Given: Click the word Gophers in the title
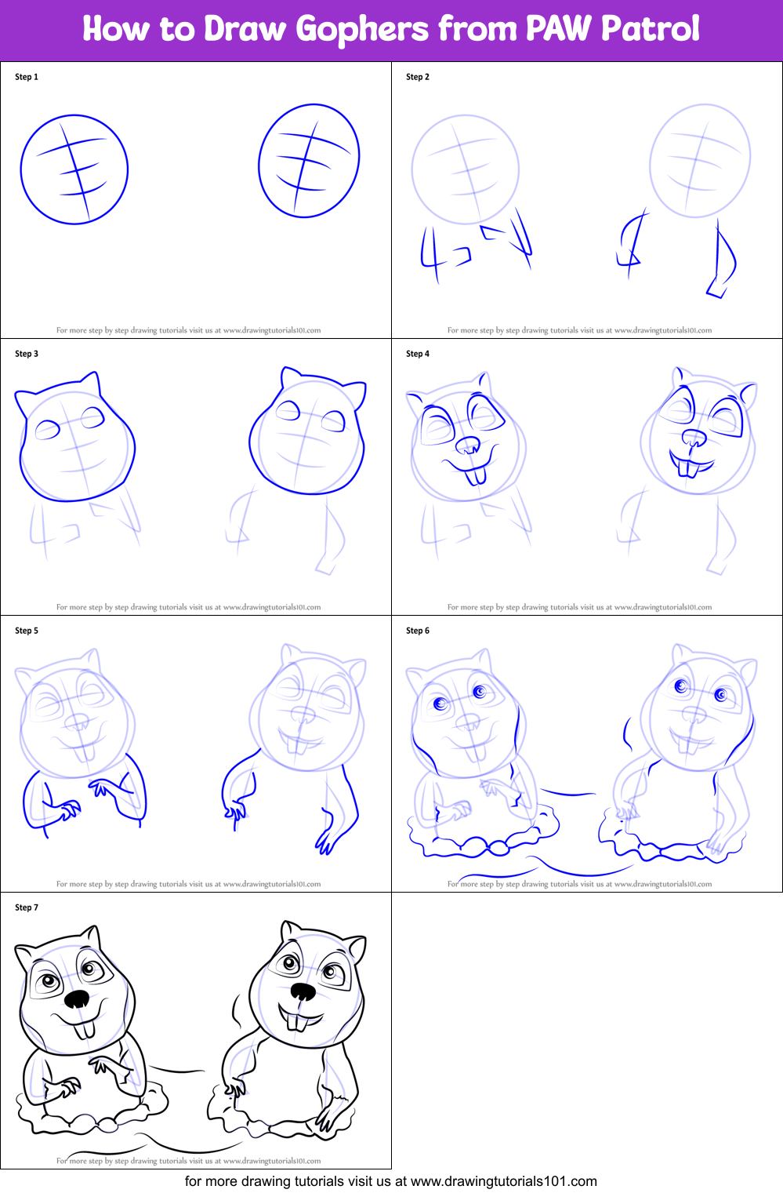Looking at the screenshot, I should (362, 30).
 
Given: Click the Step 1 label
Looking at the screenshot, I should (27, 77).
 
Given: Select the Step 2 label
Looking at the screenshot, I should (418, 77).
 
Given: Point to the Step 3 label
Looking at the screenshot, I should (27, 354).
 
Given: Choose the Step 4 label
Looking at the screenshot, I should (418, 354).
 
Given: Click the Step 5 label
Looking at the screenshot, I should (27, 631).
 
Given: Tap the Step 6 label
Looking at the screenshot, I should (418, 631).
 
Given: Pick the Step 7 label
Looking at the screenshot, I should (27, 907).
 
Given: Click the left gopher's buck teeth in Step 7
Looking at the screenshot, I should (85, 1028).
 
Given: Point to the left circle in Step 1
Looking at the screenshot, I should (74, 170).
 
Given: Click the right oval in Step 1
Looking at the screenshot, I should (309, 161).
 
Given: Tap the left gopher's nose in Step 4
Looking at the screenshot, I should (468, 446).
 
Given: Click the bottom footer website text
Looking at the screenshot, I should (390, 1181).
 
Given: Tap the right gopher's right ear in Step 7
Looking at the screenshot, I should (355, 949).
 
